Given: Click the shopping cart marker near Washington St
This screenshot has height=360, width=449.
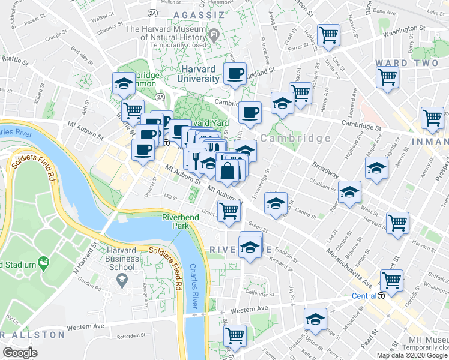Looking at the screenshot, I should (328, 36).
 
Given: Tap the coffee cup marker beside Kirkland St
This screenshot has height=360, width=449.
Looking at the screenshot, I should (234, 74).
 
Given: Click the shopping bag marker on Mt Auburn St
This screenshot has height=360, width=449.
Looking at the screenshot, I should (228, 172).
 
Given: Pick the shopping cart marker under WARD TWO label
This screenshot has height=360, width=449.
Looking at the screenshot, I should (388, 77).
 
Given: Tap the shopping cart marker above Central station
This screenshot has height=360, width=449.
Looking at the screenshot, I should (391, 280).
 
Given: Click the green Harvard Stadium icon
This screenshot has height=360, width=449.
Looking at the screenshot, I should (43, 263).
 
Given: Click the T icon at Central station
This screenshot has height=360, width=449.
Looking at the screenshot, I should (381, 296).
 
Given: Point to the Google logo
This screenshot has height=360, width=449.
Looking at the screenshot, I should (20, 352).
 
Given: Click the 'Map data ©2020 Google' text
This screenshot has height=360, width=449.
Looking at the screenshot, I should (412, 355).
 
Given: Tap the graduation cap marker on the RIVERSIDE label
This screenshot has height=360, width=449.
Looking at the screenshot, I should (250, 247).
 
